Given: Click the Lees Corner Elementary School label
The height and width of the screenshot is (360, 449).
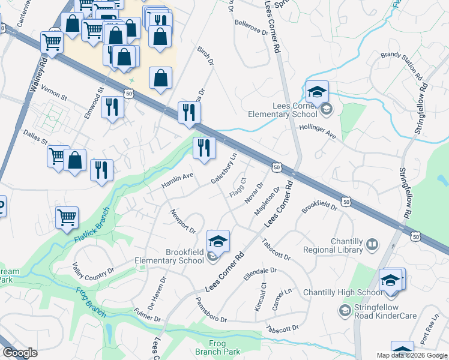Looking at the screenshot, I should point(286,110).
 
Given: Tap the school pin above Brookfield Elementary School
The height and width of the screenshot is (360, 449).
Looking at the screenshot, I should point(218,242).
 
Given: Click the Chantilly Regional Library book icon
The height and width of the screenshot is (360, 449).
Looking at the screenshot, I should point(372,244).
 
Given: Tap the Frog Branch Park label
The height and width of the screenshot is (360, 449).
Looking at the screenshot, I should point(217,347).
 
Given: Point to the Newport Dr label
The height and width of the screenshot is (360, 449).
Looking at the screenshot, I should point(183,221).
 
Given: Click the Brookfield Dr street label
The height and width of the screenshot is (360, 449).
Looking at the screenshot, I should point(319,205).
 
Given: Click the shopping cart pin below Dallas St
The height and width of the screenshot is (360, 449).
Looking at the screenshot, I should point(58,156).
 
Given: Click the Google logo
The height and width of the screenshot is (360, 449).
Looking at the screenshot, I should point(20,353).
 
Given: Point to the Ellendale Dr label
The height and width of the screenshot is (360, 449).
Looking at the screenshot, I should point(260,275).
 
